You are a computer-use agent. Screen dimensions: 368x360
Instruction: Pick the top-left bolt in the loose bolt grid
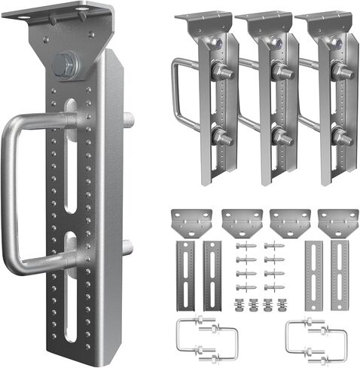243,247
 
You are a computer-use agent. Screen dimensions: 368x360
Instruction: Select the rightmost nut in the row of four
282,305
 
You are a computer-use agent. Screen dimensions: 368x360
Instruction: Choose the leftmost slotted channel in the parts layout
185,275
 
